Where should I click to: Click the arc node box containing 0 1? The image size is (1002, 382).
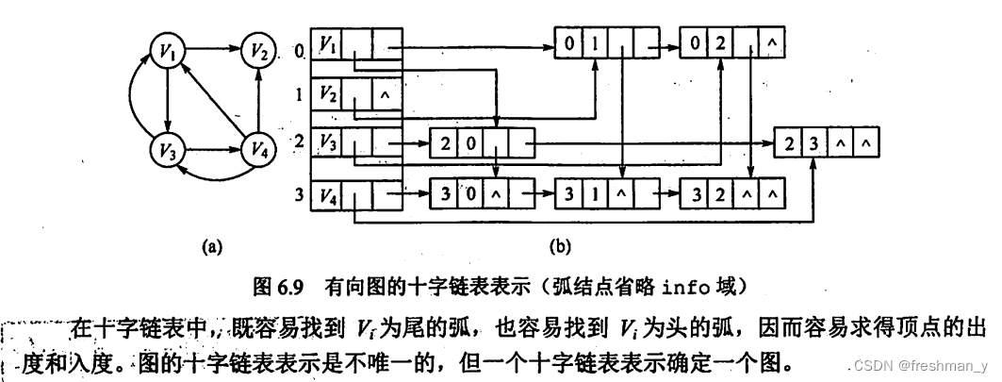(604, 42)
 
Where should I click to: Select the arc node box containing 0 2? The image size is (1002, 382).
(736, 42)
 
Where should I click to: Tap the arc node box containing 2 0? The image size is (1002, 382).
(482, 143)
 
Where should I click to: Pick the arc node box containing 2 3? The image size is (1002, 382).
(827, 143)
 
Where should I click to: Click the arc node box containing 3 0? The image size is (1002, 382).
(482, 195)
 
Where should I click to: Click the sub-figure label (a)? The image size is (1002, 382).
(211, 247)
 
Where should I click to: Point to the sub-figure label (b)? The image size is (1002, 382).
(560, 247)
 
